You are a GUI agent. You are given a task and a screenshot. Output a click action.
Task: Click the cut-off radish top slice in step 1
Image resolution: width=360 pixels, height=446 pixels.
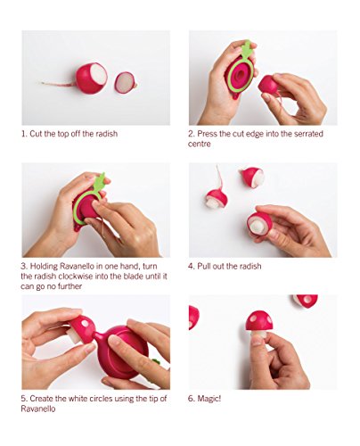[x=125, y=82]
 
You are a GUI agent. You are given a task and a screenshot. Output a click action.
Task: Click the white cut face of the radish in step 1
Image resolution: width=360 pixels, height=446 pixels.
[x=99, y=74]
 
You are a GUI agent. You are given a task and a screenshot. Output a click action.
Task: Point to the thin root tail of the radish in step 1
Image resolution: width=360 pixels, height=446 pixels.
[x=59, y=85]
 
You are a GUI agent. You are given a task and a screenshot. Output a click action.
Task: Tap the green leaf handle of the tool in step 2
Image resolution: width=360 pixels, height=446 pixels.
[x=248, y=49]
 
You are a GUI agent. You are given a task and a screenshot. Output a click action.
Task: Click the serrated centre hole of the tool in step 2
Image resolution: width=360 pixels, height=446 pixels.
[x=240, y=75]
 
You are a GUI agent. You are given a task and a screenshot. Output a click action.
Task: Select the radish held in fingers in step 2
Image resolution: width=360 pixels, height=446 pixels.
[x=268, y=84]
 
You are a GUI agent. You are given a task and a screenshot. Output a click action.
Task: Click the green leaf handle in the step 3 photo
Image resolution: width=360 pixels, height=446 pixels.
[x=100, y=181]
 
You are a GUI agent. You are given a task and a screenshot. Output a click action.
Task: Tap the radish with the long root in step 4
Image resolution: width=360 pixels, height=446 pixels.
[x=217, y=199]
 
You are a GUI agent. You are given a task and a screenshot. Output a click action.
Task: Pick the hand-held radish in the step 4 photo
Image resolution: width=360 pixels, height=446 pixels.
[x=258, y=224]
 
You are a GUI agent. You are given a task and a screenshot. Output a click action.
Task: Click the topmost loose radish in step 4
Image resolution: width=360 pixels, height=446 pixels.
[x=253, y=178]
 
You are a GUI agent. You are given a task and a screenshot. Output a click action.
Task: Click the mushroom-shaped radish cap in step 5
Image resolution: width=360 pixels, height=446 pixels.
[x=83, y=327]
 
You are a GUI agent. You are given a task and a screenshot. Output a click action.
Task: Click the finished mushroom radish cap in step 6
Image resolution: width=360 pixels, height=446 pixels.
[x=259, y=320]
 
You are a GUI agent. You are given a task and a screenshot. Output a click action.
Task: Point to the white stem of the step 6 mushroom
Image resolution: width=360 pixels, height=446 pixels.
[x=258, y=334]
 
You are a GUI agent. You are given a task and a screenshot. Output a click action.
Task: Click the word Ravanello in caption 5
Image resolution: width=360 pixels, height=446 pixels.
[x=38, y=409]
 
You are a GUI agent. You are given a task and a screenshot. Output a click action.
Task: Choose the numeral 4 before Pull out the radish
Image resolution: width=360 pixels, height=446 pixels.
[x=191, y=266]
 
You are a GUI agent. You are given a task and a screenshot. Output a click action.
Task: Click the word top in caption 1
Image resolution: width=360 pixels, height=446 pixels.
[x=62, y=134]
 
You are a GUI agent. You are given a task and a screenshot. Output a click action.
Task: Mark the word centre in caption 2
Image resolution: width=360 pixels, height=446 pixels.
[x=200, y=145]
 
